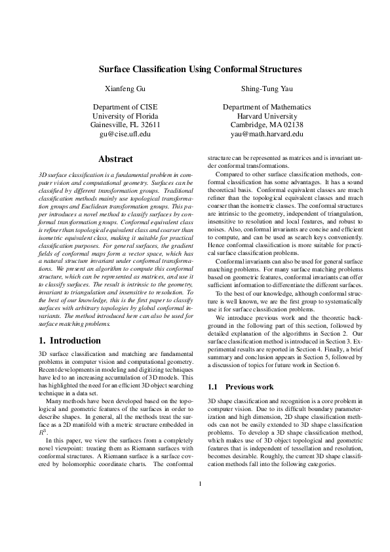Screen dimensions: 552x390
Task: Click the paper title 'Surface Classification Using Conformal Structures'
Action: pos(200,68)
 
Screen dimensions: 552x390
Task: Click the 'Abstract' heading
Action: pos(115,159)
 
